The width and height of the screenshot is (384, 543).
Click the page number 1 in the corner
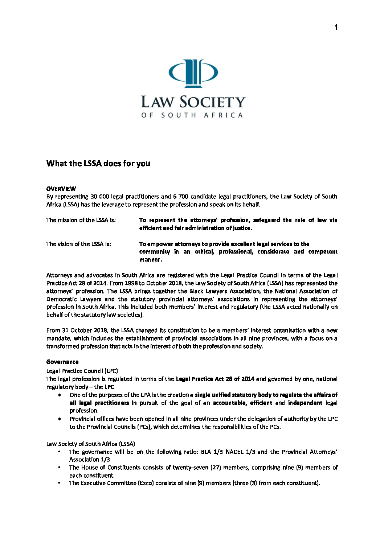(336, 28)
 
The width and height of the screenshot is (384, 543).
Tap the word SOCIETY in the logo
(213, 102)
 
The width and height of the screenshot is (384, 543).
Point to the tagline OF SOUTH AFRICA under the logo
(192, 115)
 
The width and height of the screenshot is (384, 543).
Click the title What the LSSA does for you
(98, 164)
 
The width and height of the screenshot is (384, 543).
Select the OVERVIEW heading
(61, 189)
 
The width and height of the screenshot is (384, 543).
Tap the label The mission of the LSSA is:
(81, 220)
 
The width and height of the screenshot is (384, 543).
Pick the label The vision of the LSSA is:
(79, 244)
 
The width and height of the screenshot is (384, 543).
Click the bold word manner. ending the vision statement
(151, 260)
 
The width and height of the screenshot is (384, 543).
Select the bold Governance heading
(62, 362)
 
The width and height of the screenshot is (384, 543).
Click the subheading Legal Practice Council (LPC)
(82, 371)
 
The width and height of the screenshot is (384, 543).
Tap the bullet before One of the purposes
(60, 395)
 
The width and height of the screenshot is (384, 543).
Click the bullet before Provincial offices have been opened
(60, 419)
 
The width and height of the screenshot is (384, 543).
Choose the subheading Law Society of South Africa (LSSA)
(91, 444)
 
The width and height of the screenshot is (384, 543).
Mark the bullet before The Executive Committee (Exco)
(59, 483)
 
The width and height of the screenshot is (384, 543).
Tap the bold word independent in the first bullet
(305, 403)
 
